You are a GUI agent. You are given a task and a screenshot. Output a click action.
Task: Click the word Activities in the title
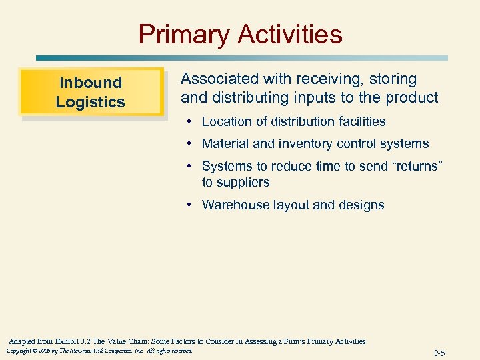pyautogui.click(x=287, y=34)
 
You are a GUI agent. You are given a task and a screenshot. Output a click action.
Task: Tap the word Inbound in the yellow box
pyautogui.click(x=91, y=83)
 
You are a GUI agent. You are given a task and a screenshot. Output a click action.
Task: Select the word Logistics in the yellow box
pyautogui.click(x=91, y=102)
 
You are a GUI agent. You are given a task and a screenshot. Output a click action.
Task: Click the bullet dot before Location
pyautogui.click(x=190, y=122)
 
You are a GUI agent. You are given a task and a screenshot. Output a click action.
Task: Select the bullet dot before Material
pyautogui.click(x=190, y=144)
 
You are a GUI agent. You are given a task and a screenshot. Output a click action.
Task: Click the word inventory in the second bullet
pyautogui.click(x=316, y=143)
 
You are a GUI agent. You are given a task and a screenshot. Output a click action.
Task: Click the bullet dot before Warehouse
pyautogui.click(x=190, y=205)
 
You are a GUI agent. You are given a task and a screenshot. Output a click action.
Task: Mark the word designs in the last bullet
pyautogui.click(x=360, y=205)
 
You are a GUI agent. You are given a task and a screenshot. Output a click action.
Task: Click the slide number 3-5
pyautogui.click(x=439, y=353)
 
